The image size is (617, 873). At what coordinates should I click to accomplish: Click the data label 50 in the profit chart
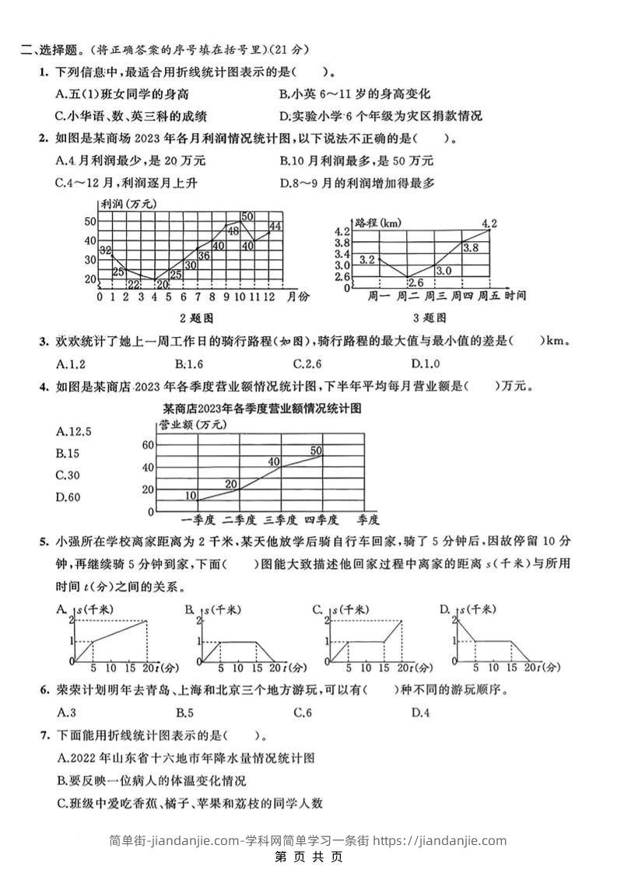[x=247, y=216]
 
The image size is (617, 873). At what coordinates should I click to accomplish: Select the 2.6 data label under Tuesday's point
[x=415, y=282]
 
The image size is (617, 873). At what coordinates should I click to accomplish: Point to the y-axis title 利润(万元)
[x=128, y=204]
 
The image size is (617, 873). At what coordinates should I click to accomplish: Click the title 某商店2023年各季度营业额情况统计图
[x=263, y=408]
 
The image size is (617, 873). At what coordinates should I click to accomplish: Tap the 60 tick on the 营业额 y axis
[x=147, y=445]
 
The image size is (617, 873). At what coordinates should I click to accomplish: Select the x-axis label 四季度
[x=320, y=520]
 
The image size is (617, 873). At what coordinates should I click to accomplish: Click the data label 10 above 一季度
[x=191, y=495]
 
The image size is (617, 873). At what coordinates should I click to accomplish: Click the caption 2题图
[x=196, y=318]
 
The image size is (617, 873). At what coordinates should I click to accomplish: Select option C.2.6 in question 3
[x=307, y=363]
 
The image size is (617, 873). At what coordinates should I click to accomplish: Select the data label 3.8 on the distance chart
[x=470, y=247]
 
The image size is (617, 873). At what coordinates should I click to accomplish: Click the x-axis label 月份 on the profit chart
[x=297, y=296]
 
